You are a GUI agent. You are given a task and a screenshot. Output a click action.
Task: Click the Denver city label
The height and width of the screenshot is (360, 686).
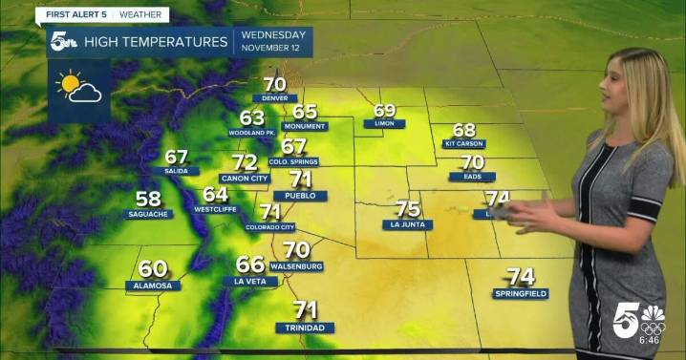tap(274, 98)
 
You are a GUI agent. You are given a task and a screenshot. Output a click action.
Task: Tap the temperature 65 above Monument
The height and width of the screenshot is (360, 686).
tap(304, 112)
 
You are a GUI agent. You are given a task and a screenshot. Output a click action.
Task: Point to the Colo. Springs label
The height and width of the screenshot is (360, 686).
tap(293, 162)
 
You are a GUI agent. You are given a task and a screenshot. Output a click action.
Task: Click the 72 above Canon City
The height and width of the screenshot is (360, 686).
tap(245, 162)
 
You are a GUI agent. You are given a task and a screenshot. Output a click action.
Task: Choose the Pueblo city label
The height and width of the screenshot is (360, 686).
tap(300, 195)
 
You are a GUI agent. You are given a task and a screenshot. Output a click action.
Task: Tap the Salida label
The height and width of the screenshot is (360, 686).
tap(176, 172)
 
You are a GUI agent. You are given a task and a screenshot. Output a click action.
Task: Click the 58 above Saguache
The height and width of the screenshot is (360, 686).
tap(148, 199)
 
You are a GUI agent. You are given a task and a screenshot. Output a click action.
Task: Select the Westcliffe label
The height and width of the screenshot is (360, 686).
tap(215, 208)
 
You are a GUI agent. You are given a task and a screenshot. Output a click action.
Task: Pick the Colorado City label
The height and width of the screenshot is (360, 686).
tap(269, 227)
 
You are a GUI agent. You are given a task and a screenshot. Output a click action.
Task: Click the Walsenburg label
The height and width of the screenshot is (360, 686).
tap(295, 265)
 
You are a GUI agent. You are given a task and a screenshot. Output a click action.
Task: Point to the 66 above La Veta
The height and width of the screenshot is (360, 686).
tap(249, 265)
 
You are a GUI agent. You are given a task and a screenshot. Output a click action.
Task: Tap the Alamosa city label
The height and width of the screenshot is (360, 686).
tap(153, 285)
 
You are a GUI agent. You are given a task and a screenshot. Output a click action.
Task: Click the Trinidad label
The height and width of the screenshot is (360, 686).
tap(305, 328)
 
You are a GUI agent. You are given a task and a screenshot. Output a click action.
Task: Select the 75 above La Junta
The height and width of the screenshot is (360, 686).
tap(408, 208)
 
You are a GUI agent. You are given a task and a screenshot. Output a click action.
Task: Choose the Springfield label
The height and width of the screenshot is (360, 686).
tap(521, 293)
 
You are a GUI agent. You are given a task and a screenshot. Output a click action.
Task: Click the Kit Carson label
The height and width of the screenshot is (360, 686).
tap(464, 143)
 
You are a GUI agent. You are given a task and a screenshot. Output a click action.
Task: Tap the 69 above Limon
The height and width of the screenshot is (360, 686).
tap(384, 110)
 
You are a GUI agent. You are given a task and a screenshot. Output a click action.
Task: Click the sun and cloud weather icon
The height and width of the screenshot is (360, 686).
tap(78, 90)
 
